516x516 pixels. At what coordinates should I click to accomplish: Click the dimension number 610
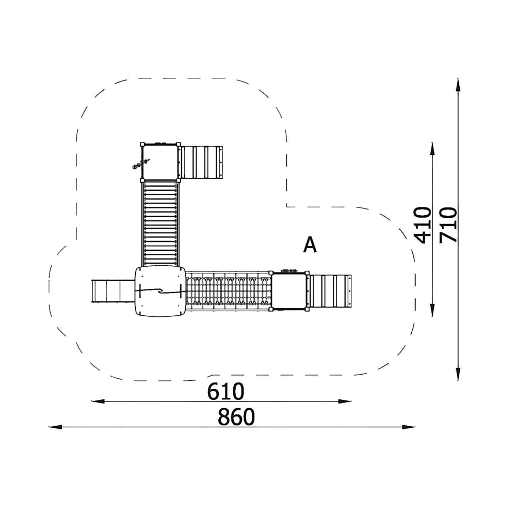tap(225, 391)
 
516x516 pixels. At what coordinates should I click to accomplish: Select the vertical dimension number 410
tap(422, 225)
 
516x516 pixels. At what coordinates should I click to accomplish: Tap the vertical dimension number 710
tap(448, 225)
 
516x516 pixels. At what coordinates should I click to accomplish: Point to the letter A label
tap(310, 245)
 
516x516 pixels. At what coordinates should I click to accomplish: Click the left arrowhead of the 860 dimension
tap(55, 427)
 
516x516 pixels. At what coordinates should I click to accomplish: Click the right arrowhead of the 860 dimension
tap(409, 427)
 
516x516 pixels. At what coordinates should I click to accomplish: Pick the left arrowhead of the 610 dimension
tap(98, 401)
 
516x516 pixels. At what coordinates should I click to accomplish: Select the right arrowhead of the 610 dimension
tap(345, 401)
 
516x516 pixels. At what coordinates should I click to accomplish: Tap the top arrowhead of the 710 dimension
tap(458, 85)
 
